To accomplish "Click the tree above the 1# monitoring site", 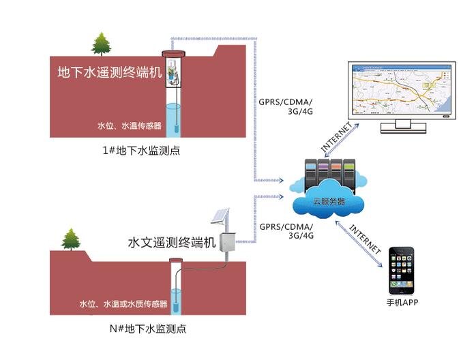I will (x=102, y=44).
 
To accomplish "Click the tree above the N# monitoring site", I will (x=71, y=239).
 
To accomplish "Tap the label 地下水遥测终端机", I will (x=110, y=73).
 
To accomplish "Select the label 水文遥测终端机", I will (x=172, y=242).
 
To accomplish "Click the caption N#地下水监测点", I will (x=148, y=329).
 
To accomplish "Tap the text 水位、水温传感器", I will (x=129, y=126).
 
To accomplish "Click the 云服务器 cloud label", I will (x=328, y=201).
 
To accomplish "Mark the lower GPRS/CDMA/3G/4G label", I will (x=286, y=231).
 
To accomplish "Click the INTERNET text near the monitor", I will (x=338, y=136).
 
